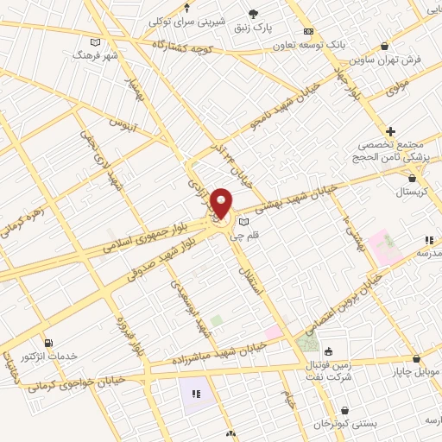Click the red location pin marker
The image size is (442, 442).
[222, 203]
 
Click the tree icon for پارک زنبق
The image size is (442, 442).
[253, 13]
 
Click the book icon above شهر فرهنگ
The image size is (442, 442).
[96, 41]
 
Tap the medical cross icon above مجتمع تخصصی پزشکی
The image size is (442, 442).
[391, 130]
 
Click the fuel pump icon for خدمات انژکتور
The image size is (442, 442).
[47, 342]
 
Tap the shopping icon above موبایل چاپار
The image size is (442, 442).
[416, 358]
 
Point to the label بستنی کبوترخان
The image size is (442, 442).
[346, 425]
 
